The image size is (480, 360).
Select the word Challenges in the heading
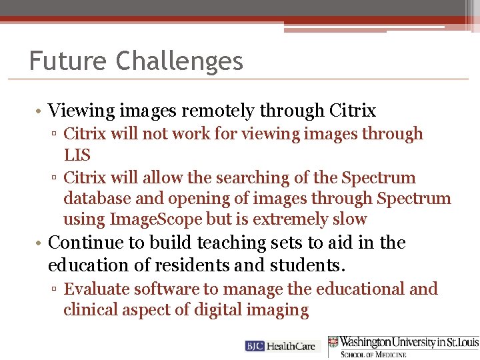pos(179,61)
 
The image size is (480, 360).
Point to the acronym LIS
pos(78,155)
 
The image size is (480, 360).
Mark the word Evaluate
pos(97,289)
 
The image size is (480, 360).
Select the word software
pos(163,289)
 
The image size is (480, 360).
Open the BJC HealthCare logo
pos(283,346)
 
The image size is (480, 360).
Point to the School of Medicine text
pos(373,354)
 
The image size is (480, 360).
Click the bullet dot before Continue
pos(41,243)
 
